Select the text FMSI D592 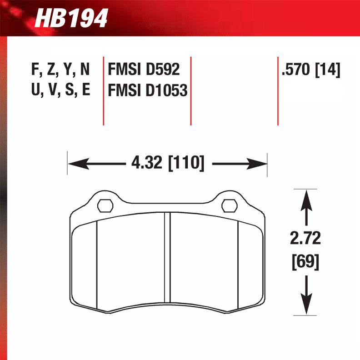click(144, 70)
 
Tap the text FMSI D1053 click(148, 90)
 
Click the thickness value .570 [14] click(311, 70)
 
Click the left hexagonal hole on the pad click(105, 205)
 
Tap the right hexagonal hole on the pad click(229, 205)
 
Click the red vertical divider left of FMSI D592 click(104, 91)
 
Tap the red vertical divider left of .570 click(278, 91)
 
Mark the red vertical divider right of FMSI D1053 click(191, 91)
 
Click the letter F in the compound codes click(34, 69)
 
